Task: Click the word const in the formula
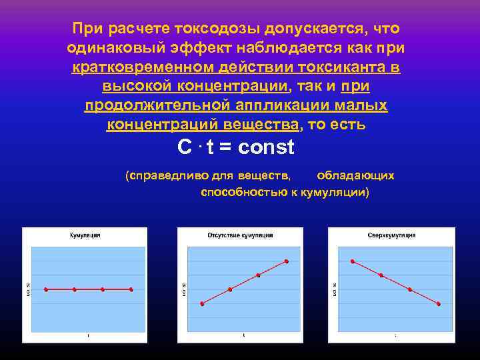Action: (265, 147)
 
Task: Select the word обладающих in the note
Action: (355, 176)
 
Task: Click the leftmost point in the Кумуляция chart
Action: (46, 289)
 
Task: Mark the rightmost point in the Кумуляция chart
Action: (131, 289)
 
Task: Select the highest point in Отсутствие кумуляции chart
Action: (287, 261)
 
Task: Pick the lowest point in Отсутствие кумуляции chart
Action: (202, 304)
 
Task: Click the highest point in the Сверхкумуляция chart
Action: (353, 261)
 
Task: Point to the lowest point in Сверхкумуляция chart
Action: (439, 304)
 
